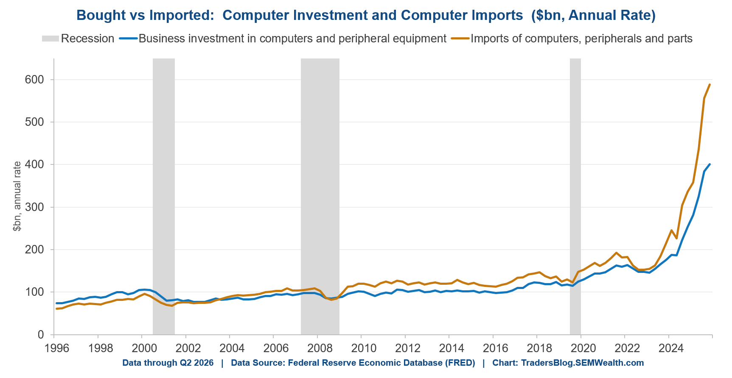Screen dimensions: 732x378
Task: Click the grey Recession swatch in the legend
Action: tap(50, 39)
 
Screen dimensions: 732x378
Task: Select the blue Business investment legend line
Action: tap(128, 39)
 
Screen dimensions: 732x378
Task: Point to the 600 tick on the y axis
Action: tap(35, 80)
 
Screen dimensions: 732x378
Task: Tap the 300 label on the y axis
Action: tap(35, 207)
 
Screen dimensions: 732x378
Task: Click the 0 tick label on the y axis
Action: tap(41, 335)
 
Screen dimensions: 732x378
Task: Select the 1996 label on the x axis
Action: tap(57, 348)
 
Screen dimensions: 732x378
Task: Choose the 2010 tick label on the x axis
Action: tap(364, 348)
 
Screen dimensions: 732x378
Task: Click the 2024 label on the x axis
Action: tap(671, 348)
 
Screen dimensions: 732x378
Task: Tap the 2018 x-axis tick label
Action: tap(540, 348)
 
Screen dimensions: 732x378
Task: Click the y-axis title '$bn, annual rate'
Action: tap(17, 196)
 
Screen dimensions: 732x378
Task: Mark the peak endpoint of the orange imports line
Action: tap(710, 84)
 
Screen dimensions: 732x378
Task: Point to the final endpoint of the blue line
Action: tap(710, 164)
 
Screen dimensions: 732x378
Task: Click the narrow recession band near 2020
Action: tap(575, 196)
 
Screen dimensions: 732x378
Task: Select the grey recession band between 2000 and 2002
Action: tap(164, 196)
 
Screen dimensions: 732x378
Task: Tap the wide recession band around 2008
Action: tap(320, 196)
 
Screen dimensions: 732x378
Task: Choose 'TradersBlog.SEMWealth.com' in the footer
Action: tap(582, 363)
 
